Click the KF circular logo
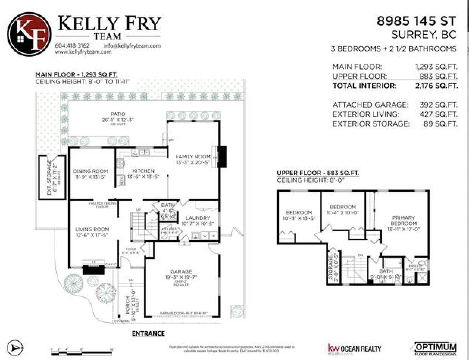(29, 34)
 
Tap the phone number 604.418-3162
(72, 45)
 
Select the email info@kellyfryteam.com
(132, 45)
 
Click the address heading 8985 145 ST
(417, 21)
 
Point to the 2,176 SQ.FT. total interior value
(436, 86)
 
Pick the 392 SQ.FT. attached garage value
(438, 105)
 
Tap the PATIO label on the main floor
(118, 114)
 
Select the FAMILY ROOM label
(192, 157)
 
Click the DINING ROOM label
(91, 171)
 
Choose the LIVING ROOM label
(92, 229)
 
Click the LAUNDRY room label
(197, 218)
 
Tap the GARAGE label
(181, 271)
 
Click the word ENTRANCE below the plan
(148, 333)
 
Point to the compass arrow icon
(16, 347)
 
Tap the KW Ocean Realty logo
(354, 349)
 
